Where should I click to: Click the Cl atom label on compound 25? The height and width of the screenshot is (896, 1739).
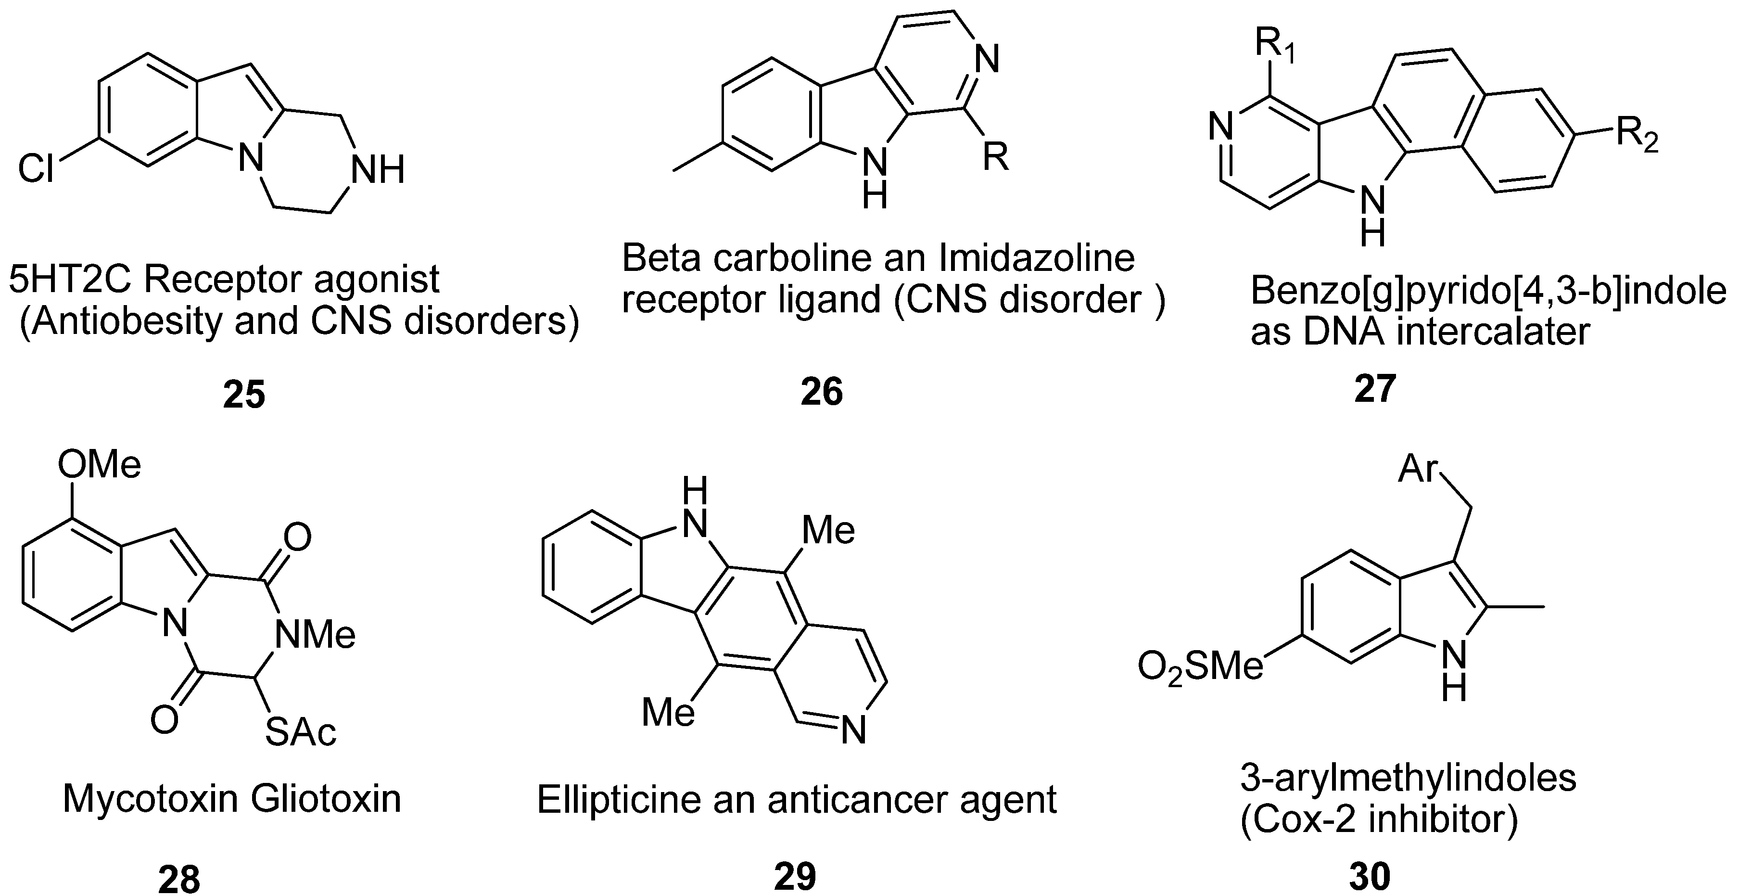pyautogui.click(x=36, y=168)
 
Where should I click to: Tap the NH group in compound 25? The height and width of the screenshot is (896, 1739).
pyautogui.click(x=379, y=169)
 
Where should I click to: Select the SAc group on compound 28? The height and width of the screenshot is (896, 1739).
pyautogui.click(x=300, y=732)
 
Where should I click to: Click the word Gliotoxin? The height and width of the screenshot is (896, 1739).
pyautogui.click(x=325, y=799)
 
